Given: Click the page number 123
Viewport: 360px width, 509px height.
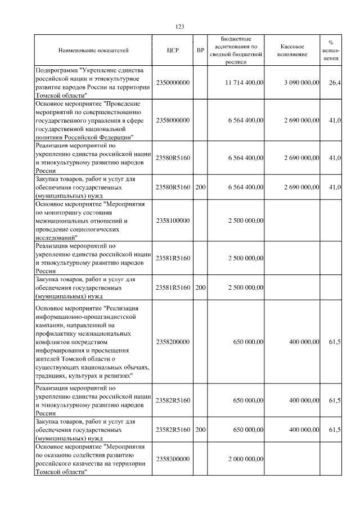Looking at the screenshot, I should pos(180,26).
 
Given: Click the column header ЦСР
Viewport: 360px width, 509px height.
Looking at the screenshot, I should pos(173,51).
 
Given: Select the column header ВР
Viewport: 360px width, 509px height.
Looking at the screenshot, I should pos(200,51).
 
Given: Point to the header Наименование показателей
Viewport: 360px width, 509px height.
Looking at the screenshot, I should pos(94,51).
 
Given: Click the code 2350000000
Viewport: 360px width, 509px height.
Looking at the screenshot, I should pos(173,83).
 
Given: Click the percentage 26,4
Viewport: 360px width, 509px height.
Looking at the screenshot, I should pos(335,83).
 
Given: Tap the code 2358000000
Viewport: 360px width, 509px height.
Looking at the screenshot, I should pos(173,120).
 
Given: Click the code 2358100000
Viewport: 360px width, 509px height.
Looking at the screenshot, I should pos(173,220).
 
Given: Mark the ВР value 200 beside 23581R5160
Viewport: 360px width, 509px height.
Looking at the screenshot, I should pos(200,287).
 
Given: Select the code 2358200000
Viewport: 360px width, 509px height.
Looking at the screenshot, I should pos(173,341).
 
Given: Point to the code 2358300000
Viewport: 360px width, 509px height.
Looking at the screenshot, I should pos(173,460).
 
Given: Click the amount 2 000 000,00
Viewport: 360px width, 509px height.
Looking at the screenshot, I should pos(246,460).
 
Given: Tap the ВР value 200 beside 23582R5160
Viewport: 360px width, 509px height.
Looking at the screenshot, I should pos(200,430).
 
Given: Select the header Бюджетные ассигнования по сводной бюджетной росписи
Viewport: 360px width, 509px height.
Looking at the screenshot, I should pos(236,50).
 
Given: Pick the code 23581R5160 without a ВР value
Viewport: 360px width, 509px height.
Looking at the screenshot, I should pos(173,258).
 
